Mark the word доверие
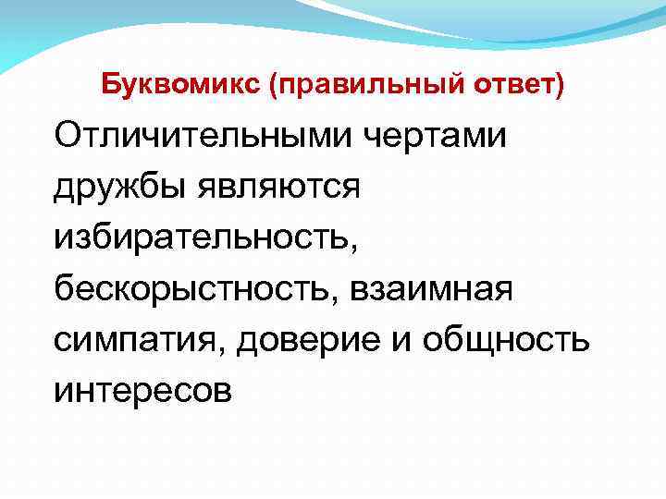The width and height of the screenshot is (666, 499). click(307, 341)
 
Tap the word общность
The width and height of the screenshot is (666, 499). click(506, 341)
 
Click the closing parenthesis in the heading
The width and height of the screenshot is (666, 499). click(557, 87)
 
